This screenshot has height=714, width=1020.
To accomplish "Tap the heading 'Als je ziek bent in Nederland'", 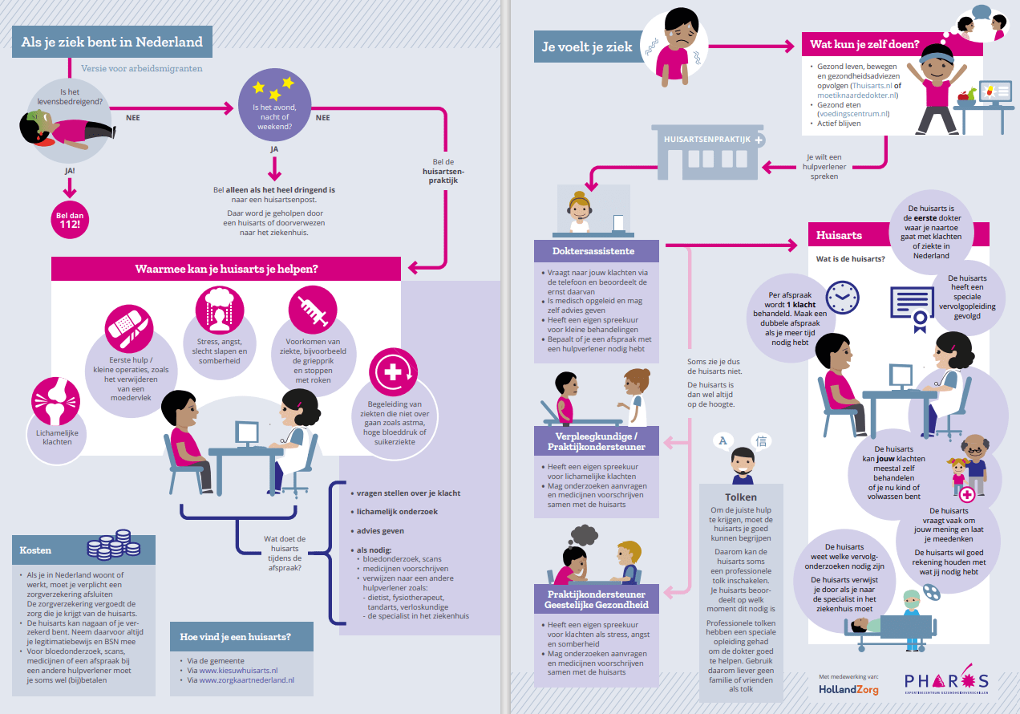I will (x=111, y=42).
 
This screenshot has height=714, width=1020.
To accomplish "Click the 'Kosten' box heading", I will (x=37, y=550).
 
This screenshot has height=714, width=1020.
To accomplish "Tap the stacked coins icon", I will (x=111, y=545).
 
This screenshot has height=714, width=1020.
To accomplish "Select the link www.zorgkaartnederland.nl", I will (x=246, y=680).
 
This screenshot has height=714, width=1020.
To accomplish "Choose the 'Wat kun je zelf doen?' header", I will (x=865, y=44).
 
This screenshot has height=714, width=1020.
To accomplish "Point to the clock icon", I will (x=842, y=297).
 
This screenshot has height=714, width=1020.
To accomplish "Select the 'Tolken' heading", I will (x=740, y=497).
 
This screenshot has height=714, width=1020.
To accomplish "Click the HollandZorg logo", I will (x=848, y=689).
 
